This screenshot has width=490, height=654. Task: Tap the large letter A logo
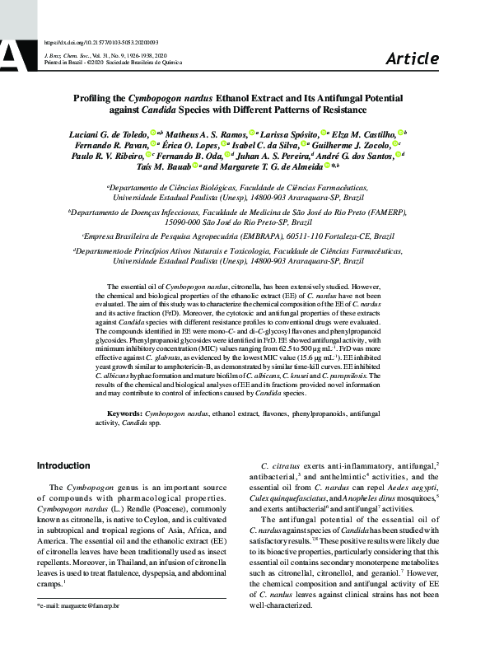tap(16, 54)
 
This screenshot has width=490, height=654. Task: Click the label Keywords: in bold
tap(124, 412)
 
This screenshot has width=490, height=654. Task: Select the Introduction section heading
tap(63, 465)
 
